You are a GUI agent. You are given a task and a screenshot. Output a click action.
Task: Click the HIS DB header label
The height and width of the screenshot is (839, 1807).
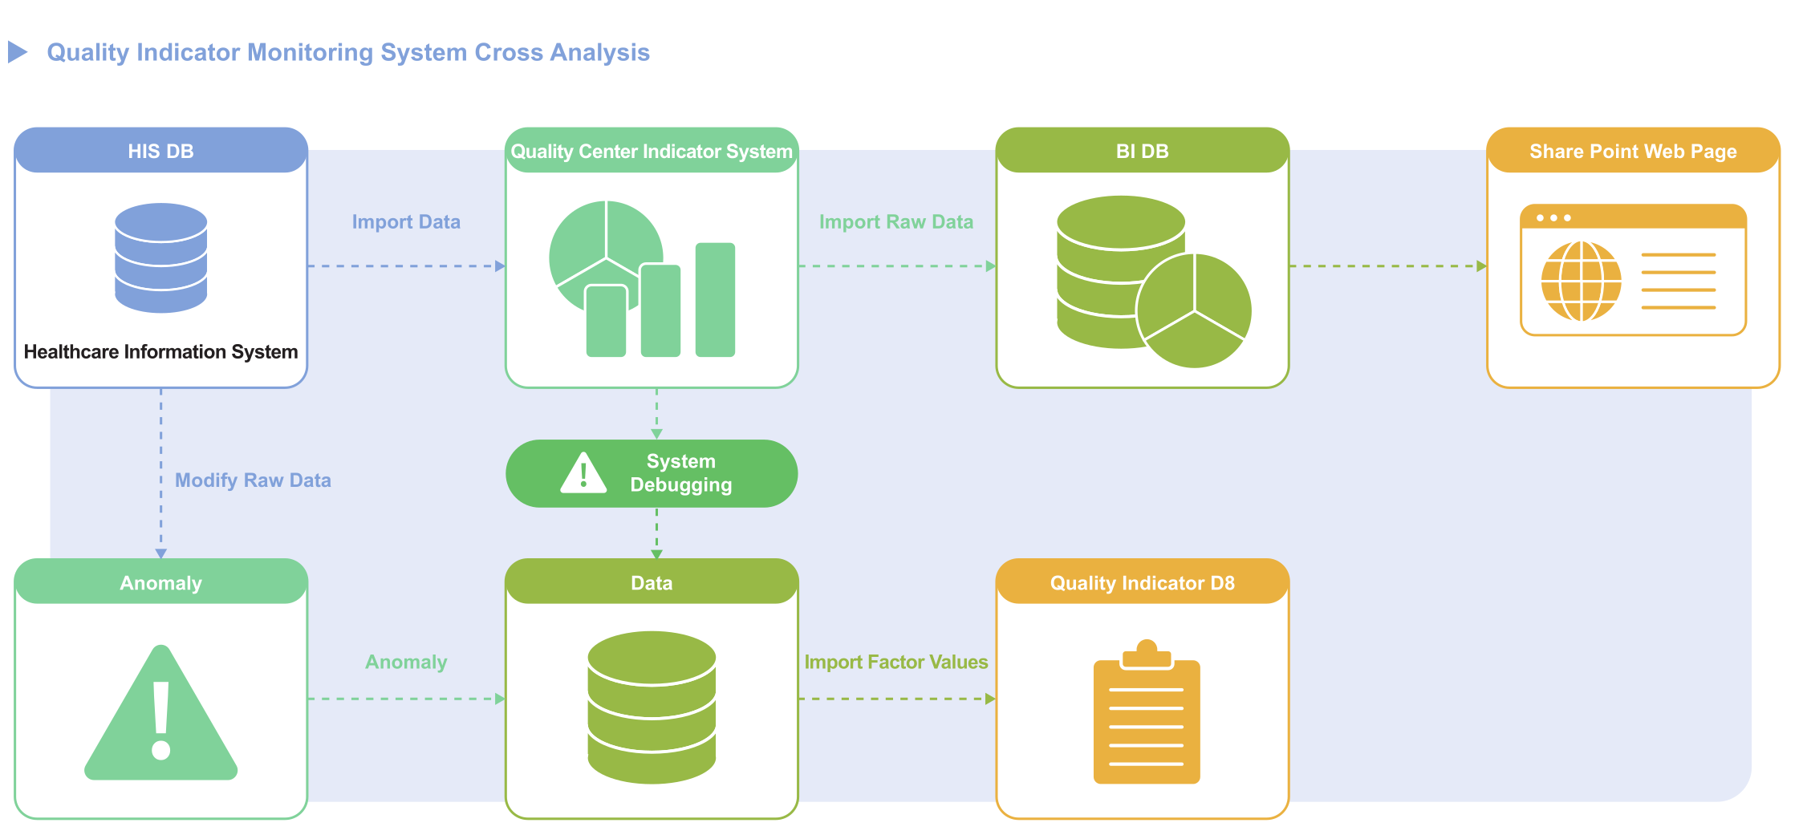(160, 151)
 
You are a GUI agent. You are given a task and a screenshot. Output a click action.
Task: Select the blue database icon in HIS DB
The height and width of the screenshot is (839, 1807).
(160, 257)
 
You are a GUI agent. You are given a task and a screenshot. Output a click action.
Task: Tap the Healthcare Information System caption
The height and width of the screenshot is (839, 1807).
(160, 351)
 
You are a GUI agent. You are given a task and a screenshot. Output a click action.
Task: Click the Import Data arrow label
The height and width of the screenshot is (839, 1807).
(406, 221)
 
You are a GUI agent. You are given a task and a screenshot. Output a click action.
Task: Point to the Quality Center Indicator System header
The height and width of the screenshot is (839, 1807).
(652, 151)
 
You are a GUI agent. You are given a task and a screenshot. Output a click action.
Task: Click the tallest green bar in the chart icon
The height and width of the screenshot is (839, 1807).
(715, 299)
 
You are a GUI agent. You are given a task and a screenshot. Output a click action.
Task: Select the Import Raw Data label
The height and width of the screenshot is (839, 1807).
(896, 221)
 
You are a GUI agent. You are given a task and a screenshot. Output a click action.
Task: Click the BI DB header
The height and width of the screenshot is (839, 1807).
(1143, 151)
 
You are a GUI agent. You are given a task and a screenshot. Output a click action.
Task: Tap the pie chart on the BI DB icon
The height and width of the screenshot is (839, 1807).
(1194, 310)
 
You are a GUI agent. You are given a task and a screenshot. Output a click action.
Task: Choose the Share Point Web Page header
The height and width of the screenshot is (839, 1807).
(1633, 151)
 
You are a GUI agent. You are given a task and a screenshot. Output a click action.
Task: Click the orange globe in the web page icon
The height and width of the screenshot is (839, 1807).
(1581, 281)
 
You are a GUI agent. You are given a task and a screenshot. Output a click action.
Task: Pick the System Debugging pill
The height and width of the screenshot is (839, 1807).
(652, 473)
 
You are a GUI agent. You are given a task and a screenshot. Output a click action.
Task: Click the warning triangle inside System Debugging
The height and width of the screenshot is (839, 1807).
(583, 472)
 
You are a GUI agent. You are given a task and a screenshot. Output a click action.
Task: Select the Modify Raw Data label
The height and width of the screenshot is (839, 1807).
(253, 480)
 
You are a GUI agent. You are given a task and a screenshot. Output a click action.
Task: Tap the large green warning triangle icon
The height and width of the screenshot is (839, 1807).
(160, 713)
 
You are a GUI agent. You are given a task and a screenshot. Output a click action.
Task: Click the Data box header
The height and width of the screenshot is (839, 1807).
(652, 582)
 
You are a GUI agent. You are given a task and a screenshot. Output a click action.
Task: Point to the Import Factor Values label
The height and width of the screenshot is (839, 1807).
(896, 662)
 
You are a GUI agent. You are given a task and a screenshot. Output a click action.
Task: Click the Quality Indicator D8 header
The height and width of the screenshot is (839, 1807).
(1143, 582)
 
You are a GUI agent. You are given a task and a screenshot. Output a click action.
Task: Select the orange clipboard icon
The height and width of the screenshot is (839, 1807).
(1147, 711)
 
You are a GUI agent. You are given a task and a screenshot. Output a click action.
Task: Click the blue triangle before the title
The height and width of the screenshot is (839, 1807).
(17, 52)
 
